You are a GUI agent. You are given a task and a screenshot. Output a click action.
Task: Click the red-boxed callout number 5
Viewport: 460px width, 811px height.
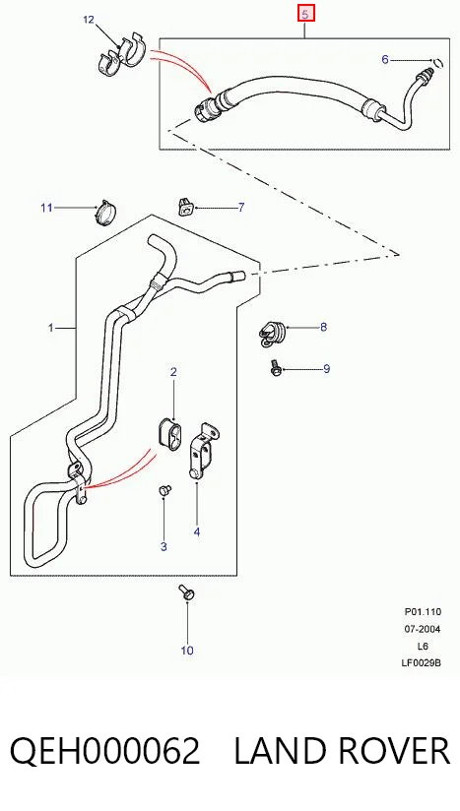click(x=305, y=15)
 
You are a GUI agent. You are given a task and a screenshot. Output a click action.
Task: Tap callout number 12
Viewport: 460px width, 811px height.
click(x=89, y=20)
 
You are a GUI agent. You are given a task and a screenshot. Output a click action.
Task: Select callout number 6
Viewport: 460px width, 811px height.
click(x=385, y=59)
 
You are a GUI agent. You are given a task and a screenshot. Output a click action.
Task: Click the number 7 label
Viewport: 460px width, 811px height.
click(x=241, y=208)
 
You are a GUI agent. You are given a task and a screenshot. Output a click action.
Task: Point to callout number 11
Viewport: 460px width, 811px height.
click(x=46, y=208)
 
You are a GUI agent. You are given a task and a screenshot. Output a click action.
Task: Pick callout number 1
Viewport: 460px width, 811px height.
click(x=50, y=328)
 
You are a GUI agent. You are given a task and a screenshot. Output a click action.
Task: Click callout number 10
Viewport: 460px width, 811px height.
click(x=187, y=651)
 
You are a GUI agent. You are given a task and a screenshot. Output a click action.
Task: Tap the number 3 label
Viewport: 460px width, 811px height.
click(x=164, y=546)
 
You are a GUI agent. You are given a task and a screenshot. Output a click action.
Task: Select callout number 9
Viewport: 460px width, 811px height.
click(x=326, y=369)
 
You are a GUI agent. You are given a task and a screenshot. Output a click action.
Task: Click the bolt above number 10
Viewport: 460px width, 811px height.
click(x=186, y=593)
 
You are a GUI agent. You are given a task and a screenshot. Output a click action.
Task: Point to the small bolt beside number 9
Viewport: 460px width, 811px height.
click(x=275, y=368)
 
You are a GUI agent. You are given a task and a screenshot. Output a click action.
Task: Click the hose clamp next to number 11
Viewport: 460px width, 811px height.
click(x=106, y=212)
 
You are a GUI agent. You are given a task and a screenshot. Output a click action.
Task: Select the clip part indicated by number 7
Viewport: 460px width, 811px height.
click(x=185, y=208)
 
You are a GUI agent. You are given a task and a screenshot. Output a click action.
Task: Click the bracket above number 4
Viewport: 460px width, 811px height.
click(x=202, y=450)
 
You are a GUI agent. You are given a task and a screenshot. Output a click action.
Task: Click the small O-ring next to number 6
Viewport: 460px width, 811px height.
click(x=438, y=63)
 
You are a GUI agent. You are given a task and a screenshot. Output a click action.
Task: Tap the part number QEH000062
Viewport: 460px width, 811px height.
click(x=105, y=751)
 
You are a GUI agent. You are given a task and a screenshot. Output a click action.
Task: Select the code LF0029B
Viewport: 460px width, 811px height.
click(x=422, y=662)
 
